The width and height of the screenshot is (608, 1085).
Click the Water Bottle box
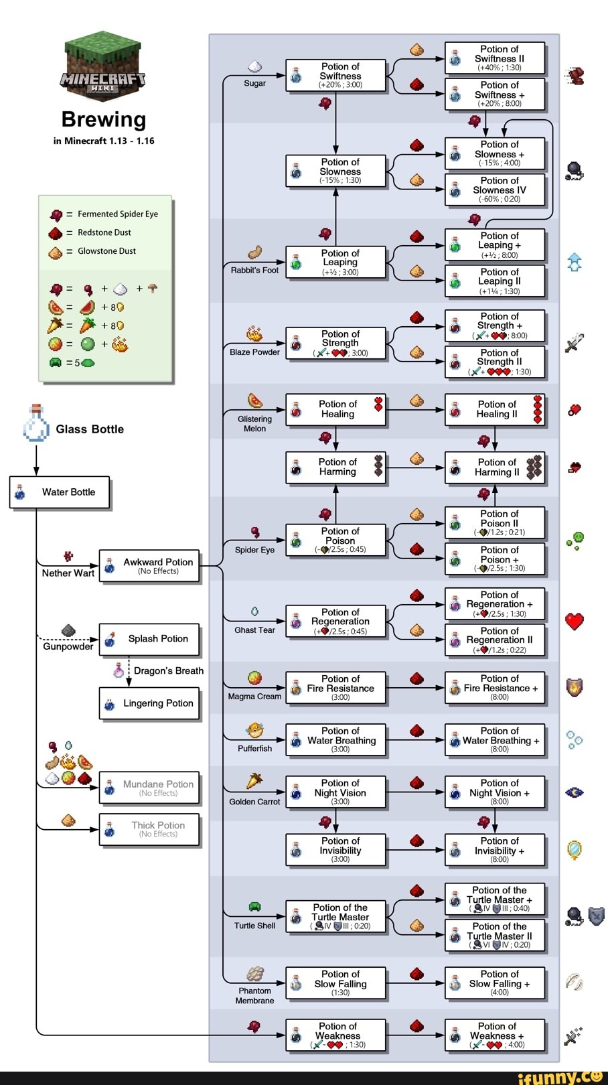pyautogui.click(x=60, y=493)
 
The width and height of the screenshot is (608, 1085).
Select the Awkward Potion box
pyautogui.click(x=149, y=567)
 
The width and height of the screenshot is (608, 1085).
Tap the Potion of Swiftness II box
pyautogui.click(x=495, y=58)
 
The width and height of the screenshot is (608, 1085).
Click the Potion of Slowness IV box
pyautogui.click(x=495, y=190)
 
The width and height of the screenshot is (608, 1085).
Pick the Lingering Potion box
pyautogui.click(x=149, y=704)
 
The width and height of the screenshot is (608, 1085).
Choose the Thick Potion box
pyautogui.click(x=149, y=829)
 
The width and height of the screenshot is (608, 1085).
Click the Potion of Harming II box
pyautogui.click(x=495, y=467)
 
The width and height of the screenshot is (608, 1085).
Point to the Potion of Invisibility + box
pyautogui.click(x=495, y=850)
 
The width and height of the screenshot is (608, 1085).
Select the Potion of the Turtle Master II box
pyautogui.click(x=495, y=936)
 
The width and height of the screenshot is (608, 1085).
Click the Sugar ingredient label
pyautogui.click(x=254, y=84)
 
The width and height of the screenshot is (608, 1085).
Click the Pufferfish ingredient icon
pyautogui.click(x=254, y=730)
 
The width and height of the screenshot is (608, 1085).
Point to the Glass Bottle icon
pyautogui.click(x=36, y=424)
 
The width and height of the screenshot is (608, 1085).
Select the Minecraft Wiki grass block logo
pyautogui.click(x=103, y=64)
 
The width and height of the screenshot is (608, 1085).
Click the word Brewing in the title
pyautogui.click(x=103, y=119)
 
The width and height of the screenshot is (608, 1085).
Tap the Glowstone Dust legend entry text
pyautogui.click(x=106, y=251)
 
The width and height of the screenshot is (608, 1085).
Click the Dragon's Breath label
pyautogui.click(x=168, y=671)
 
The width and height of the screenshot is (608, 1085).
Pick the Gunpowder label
pyautogui.click(x=68, y=647)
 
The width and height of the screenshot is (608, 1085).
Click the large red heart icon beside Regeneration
pyautogui.click(x=575, y=621)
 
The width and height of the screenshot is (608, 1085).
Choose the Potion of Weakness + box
pyautogui.click(x=495, y=1035)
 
